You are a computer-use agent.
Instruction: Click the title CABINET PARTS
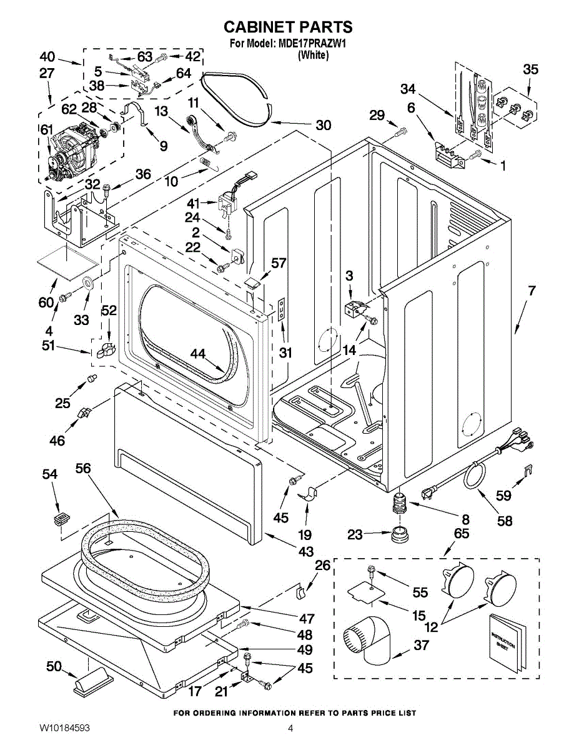(288, 27)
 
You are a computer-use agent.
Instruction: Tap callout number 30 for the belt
(323, 125)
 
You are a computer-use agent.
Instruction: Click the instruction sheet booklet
(503, 642)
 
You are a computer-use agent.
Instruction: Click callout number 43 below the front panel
(305, 552)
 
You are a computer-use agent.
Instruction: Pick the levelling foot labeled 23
(397, 535)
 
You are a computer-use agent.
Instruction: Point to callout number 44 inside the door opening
(197, 354)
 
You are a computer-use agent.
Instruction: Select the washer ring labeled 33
(87, 282)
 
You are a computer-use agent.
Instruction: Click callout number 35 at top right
(530, 69)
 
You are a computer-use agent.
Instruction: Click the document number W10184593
(64, 729)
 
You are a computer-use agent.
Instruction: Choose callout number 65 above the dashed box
(462, 534)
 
